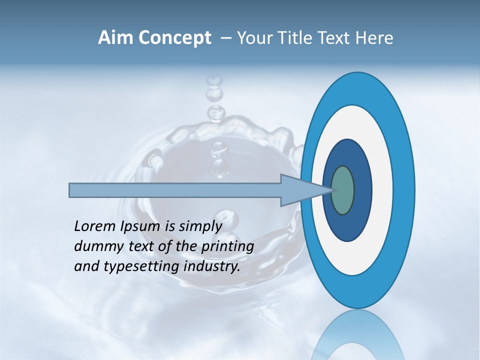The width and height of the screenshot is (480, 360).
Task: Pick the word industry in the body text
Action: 212,266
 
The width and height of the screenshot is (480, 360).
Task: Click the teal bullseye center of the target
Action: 342,190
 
